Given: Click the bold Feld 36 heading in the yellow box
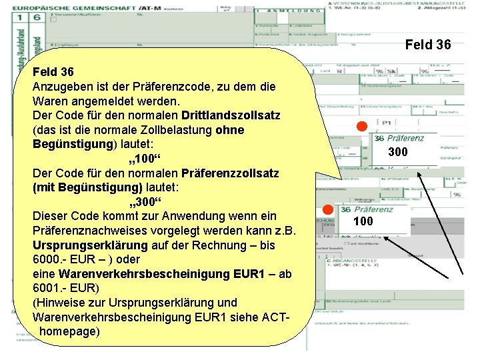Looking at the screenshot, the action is pos(53,71).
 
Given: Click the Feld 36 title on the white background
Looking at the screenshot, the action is pos(428,45).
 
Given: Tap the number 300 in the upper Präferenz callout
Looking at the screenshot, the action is pos(398,153).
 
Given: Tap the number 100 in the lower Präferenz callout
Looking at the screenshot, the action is pos(363,221).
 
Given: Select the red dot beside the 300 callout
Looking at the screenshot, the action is pos(361,127).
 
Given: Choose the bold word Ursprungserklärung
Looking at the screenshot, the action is pos(89,245).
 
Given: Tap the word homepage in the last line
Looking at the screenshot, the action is pos(70,331).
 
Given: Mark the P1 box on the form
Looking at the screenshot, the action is pos(386,123).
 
